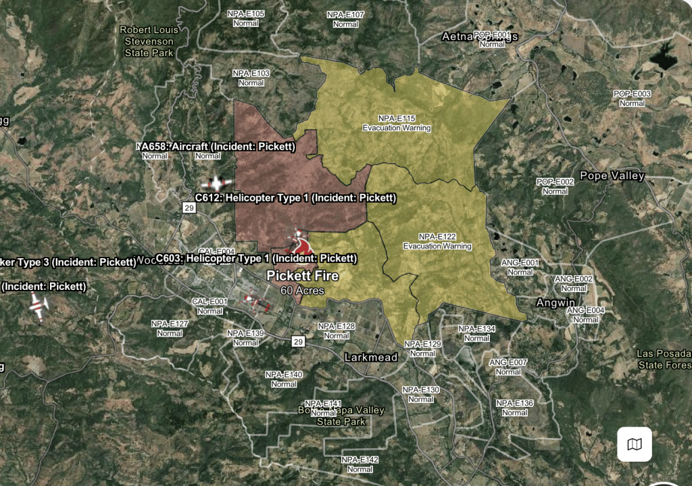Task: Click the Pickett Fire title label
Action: (x=302, y=276)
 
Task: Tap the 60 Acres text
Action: (x=302, y=291)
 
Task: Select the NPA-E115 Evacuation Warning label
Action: (x=397, y=123)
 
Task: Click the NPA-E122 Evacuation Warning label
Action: (x=437, y=241)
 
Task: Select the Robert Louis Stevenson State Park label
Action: (x=149, y=41)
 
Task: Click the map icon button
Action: (x=635, y=444)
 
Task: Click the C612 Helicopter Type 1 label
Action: (x=295, y=198)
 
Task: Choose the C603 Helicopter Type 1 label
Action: (x=256, y=258)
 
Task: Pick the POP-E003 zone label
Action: (x=632, y=98)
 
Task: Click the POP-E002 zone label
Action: (x=555, y=187)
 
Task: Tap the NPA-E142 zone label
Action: (x=360, y=464)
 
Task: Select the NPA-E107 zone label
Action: (x=345, y=19)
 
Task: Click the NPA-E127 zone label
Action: (x=170, y=328)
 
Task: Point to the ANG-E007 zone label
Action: (x=508, y=367)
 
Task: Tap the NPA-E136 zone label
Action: (x=514, y=408)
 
